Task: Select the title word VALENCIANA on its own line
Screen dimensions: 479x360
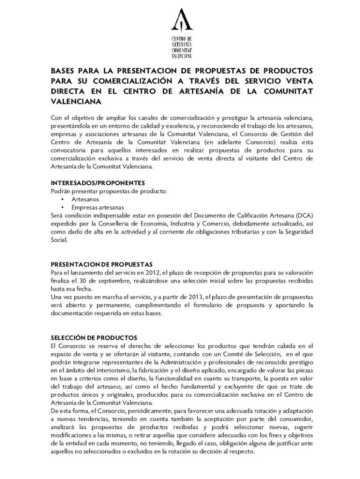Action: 76,101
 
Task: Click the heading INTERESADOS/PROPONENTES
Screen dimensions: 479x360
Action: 98,182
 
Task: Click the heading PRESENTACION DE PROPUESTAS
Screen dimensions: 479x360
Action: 101,264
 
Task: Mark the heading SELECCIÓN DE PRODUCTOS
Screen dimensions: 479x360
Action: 94,338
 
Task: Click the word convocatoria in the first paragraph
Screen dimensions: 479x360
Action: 71,150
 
